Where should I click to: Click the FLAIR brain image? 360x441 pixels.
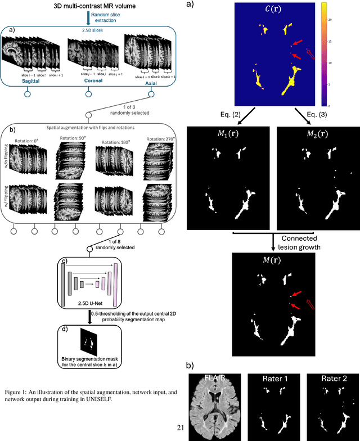(214, 399)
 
